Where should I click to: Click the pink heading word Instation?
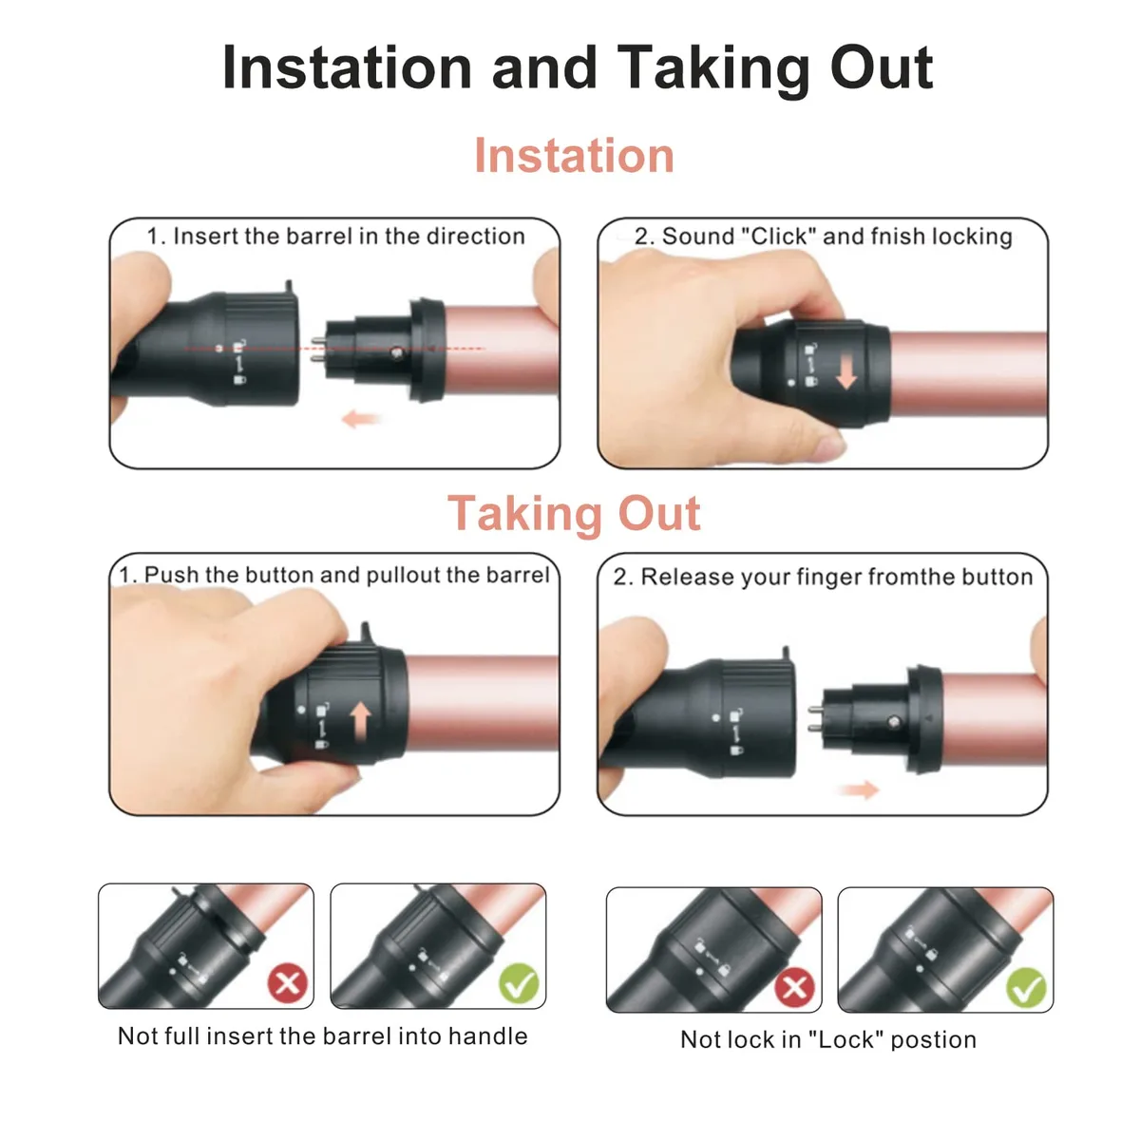574,156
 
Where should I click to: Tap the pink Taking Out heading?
574,512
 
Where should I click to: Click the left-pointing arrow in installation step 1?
360,419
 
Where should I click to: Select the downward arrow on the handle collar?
846,372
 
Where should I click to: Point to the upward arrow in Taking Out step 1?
360,722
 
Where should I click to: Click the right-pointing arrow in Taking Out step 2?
860,789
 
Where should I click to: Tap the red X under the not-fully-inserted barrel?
288,983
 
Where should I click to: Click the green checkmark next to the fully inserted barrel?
519,983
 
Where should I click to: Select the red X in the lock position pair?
794,987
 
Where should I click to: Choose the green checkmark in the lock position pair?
1026,987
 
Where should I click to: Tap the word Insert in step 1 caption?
204,236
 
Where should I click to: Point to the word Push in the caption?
172,575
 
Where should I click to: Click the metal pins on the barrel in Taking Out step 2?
815,719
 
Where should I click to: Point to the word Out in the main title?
882,68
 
